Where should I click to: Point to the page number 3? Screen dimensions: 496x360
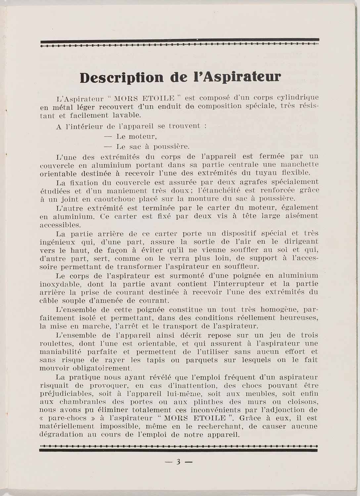178,462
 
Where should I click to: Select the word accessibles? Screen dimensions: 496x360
60,225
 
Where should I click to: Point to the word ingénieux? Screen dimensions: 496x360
56,242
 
